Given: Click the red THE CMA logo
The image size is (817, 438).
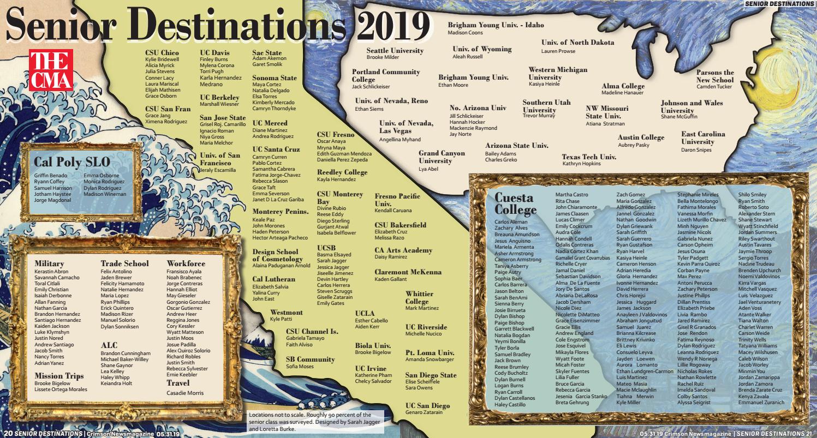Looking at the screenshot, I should click(51, 70).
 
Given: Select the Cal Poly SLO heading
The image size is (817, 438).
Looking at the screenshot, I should click(71, 162).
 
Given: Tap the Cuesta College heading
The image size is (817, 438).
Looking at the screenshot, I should click(514, 203).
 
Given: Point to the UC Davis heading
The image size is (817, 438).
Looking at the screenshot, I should click(214, 53).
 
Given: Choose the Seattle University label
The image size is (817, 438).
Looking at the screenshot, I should click(395, 51).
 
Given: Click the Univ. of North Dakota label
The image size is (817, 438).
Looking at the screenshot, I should click(577, 43).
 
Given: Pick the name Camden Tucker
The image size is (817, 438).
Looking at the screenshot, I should click(714, 87).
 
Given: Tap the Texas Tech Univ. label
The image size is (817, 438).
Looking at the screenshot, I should click(589, 157).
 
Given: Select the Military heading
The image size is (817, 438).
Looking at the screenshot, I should click(49, 264).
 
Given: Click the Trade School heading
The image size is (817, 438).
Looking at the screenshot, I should click(124, 264).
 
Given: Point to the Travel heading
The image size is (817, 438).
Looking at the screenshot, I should click(178, 383).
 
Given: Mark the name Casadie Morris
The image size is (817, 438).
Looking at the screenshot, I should click(184, 393).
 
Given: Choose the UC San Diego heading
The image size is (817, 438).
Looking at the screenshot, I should click(427, 406).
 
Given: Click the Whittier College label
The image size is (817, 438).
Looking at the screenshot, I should click(419, 298).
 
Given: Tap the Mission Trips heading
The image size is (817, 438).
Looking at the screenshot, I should click(59, 376).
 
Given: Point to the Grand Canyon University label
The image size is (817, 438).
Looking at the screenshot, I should click(442, 157).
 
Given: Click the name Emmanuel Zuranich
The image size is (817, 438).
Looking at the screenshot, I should click(761, 403).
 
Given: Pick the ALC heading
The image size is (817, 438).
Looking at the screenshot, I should click(109, 345).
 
